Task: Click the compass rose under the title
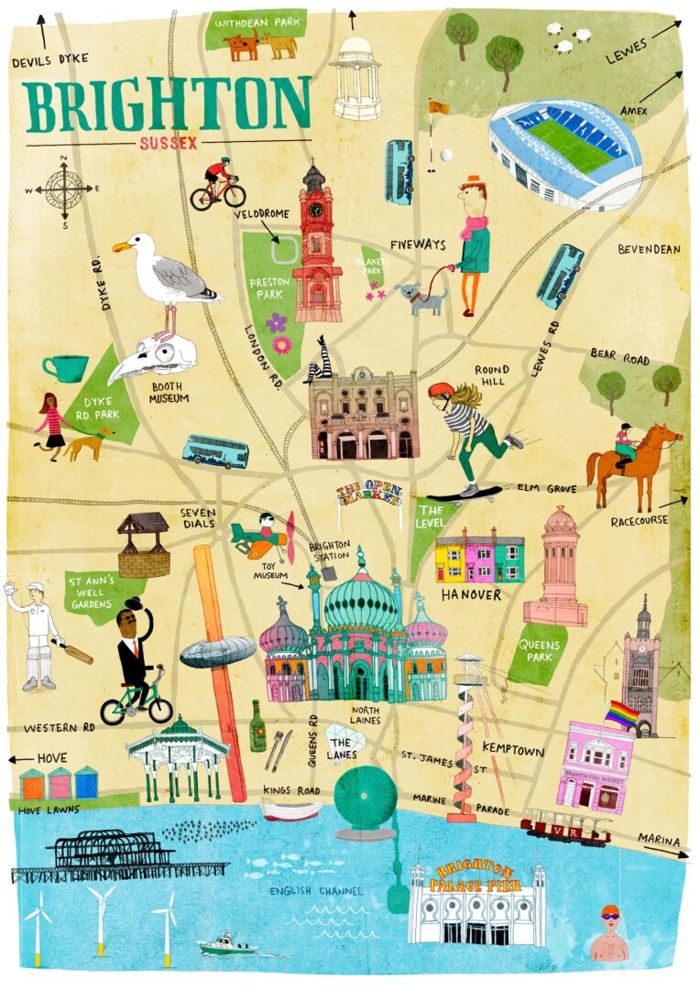pos(64,189)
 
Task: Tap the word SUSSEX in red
pos(169,143)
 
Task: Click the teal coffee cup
pos(65,368)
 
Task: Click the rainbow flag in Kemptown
pos(622,714)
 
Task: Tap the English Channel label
pos(316,891)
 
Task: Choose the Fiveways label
pos(417,245)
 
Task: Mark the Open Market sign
pos(369,494)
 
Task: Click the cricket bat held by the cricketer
pos(77,654)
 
